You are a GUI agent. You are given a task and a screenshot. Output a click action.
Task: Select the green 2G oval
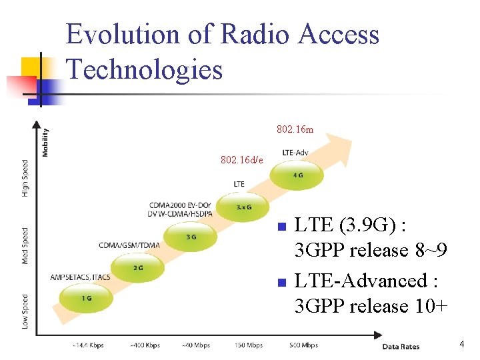coord(138,268)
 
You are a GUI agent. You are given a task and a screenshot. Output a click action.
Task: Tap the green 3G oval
coord(191,237)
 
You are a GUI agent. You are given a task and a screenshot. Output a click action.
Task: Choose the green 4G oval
coord(297,175)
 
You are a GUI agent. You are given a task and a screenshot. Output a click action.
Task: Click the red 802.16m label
coord(295,129)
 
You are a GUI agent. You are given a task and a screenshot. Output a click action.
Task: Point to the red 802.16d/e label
coord(242,160)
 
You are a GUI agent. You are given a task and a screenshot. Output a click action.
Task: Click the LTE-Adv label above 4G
coord(295,153)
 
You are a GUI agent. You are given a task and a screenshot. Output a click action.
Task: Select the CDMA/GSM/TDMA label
coord(129,245)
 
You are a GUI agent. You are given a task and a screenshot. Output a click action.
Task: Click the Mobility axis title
coord(45,142)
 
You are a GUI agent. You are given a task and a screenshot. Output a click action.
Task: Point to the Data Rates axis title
coord(400,346)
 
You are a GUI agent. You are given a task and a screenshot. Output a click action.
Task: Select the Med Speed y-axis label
coord(25,245)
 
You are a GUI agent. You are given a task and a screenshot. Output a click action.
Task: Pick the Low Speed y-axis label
coord(25,311)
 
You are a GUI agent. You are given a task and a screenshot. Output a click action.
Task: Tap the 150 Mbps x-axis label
coord(249,345)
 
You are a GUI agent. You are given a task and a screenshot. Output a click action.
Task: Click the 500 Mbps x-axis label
coord(304,345)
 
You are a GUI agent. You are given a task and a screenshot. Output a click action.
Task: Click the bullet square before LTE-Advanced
coord(281,283)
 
